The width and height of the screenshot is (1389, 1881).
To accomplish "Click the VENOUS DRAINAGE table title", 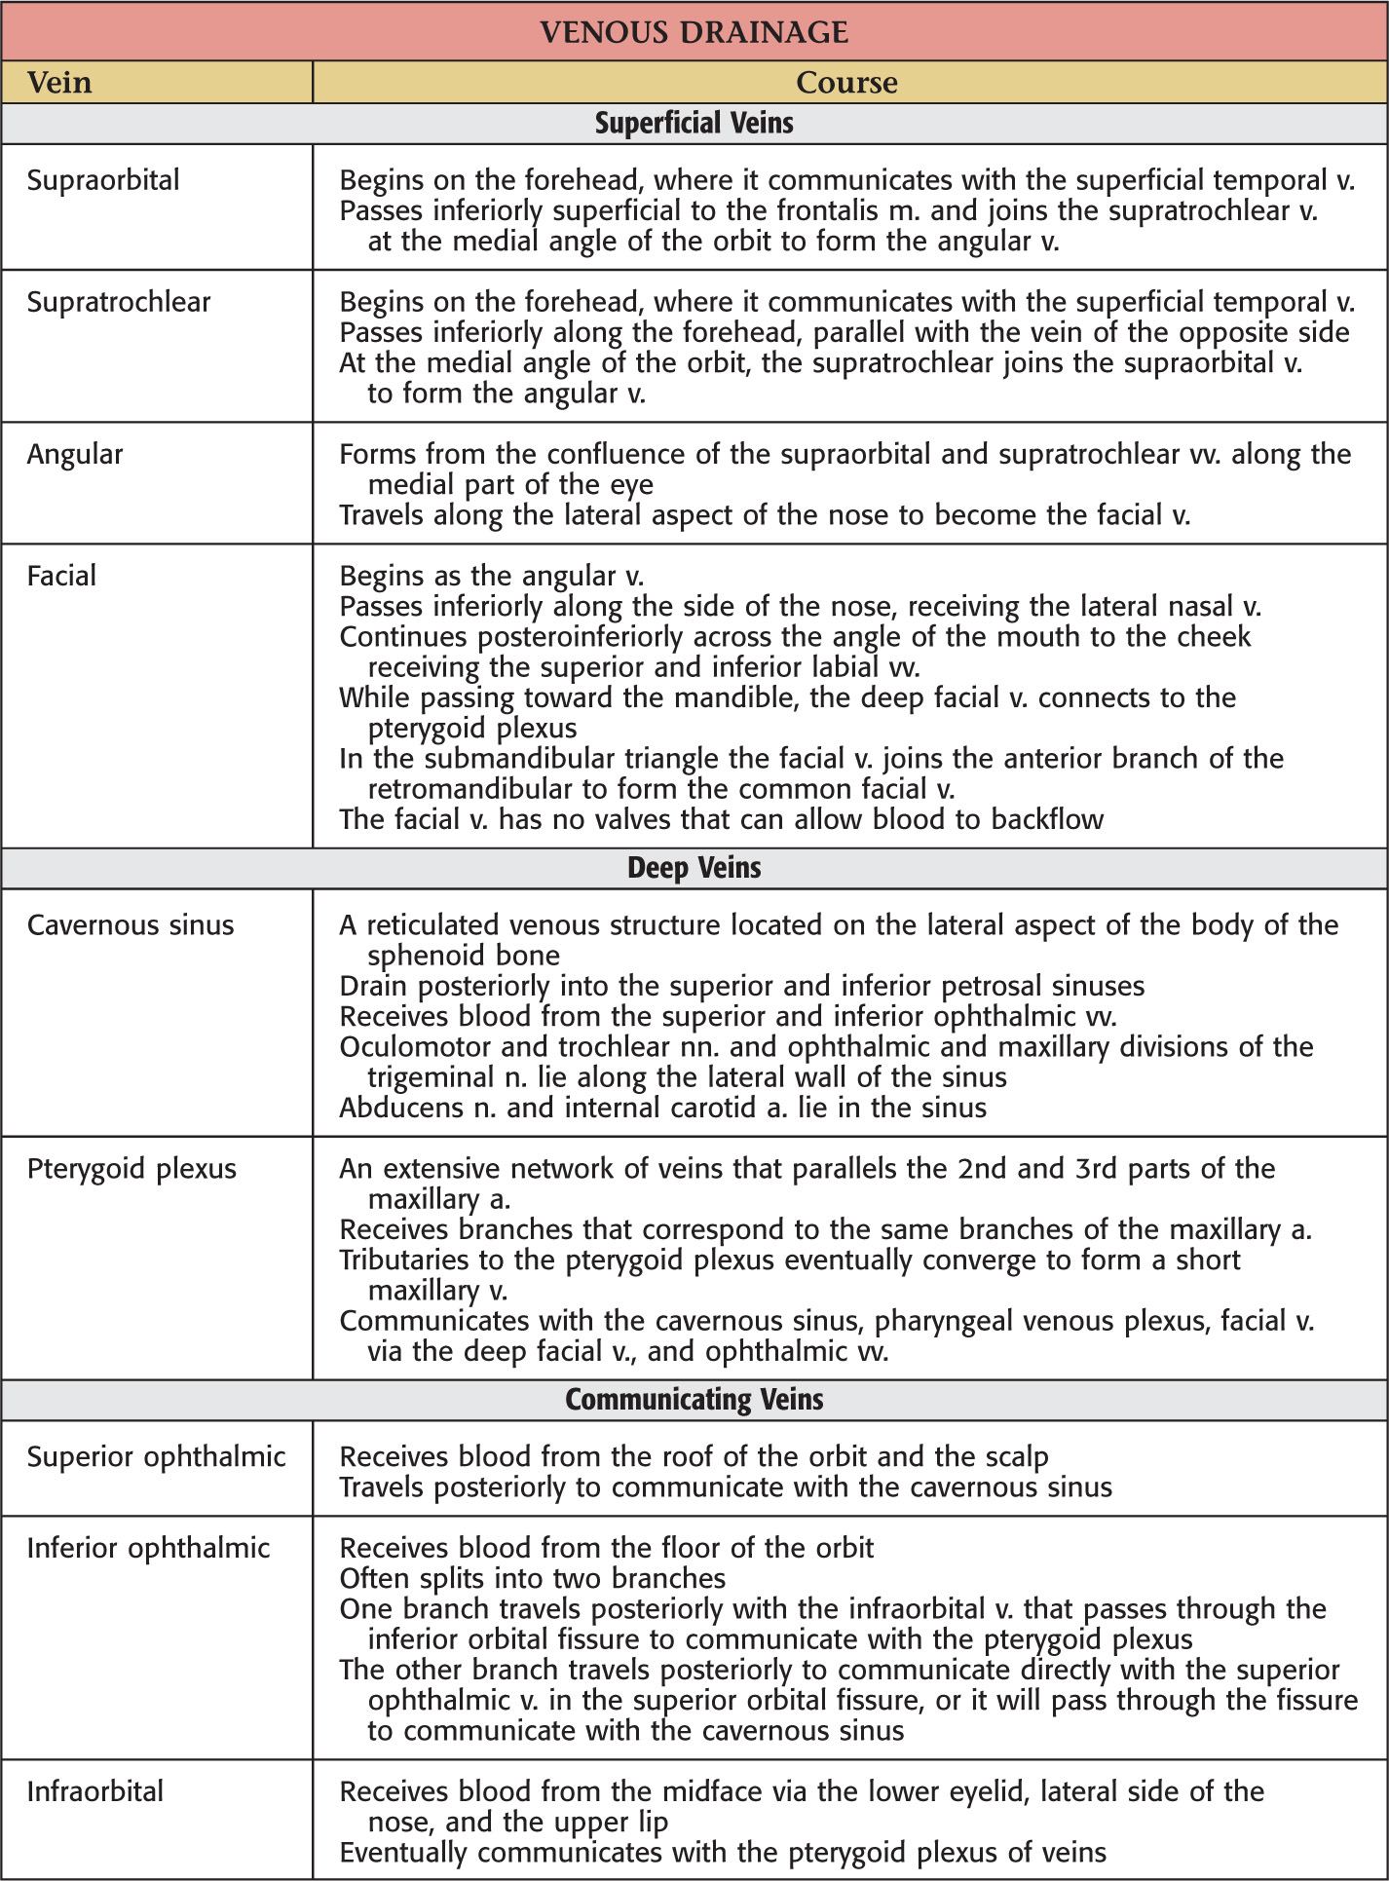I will coord(694,32).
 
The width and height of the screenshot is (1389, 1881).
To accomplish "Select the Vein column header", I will coord(59,83).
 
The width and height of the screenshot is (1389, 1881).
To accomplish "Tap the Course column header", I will coord(846,83).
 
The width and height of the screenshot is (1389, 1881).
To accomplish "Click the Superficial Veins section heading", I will coord(694,124).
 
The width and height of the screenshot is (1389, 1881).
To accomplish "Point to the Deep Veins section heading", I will coord(694,868).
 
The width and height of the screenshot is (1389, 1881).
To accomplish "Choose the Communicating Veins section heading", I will coord(694,1400).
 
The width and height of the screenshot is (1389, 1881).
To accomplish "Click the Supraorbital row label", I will coord(103,180).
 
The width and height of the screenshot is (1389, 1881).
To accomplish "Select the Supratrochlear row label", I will coord(119,302).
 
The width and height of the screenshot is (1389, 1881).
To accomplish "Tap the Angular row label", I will coord(75,455).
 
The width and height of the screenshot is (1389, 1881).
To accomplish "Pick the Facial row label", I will coord(61,576).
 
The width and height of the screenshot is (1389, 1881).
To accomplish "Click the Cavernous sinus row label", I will coord(131,925).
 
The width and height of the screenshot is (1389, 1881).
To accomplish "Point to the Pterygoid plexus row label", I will coord(131,1169).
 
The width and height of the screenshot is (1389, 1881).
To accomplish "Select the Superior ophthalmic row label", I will coord(156,1457).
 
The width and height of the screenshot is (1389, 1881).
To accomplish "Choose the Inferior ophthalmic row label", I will coord(148,1549).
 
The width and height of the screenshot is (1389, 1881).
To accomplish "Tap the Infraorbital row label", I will coord(95,1792).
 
